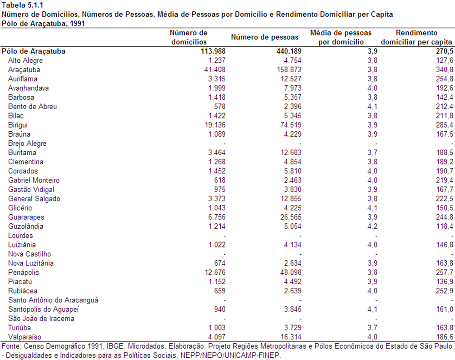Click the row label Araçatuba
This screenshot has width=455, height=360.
(24, 69)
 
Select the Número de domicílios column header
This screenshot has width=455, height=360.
(189, 37)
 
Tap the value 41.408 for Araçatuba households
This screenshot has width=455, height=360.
(215, 69)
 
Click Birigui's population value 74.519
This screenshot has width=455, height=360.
(291, 125)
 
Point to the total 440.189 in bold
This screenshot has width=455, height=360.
(289, 51)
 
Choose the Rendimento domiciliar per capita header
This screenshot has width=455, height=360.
(416, 37)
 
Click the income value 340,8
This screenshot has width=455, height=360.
(444, 69)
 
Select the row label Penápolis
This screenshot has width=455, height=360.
(24, 272)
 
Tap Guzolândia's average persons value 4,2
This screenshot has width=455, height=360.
(372, 226)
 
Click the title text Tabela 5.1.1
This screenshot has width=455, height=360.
(22, 5)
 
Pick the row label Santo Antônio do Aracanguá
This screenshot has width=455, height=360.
(53, 300)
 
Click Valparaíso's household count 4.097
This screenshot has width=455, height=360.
(217, 337)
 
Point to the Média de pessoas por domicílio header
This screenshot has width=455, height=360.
(341, 37)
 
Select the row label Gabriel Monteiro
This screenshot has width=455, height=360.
(34, 180)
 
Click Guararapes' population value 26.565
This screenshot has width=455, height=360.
(291, 217)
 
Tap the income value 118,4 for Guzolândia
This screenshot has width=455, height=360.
(445, 226)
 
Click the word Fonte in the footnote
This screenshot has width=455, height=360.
(11, 346)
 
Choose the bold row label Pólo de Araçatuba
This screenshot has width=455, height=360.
(34, 51)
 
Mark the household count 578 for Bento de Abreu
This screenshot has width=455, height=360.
(220, 107)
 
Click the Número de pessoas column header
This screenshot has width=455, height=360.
(265, 37)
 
